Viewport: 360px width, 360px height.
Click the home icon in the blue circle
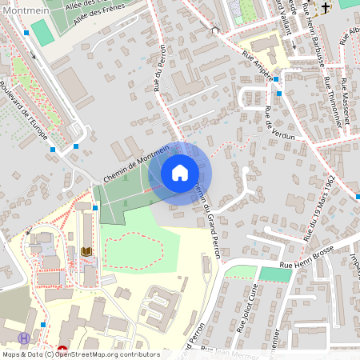point(180,171)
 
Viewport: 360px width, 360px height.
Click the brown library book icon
point(86,252)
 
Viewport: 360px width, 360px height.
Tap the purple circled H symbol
point(25,338)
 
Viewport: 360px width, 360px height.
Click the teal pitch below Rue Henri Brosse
point(275,274)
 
